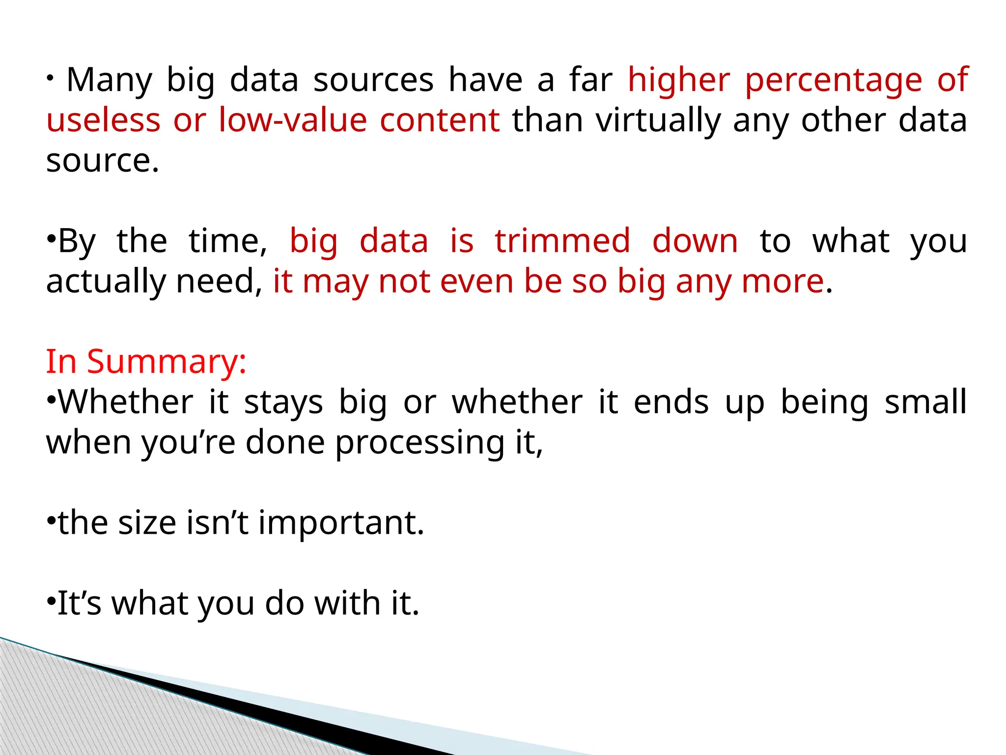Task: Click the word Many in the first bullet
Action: click(109, 80)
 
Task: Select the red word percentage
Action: click(834, 80)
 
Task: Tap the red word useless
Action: click(103, 120)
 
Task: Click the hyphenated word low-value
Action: click(293, 120)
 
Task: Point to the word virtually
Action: click(658, 120)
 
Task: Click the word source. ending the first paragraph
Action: click(103, 161)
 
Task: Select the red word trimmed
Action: click(562, 241)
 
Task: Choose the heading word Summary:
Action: click(167, 362)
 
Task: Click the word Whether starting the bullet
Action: click(126, 402)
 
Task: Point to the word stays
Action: click(283, 402)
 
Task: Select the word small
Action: click(925, 402)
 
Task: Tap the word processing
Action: click(420, 442)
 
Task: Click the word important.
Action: click(341, 523)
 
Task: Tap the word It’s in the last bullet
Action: click(79, 604)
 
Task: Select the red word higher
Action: click(679, 80)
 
